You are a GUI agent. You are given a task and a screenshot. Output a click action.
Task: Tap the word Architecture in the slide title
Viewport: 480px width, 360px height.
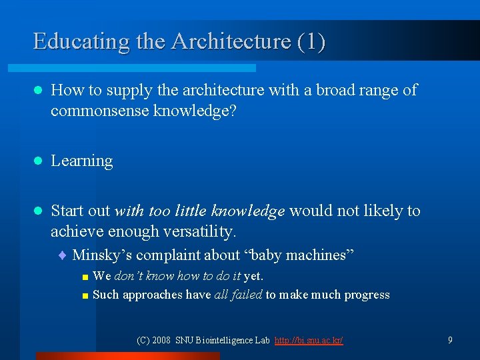231,41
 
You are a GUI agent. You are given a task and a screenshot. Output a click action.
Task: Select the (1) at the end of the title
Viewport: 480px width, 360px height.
311,41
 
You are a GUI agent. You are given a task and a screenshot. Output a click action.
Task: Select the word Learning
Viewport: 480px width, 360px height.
82,161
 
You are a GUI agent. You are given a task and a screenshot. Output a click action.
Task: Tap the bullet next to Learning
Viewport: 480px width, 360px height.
38,161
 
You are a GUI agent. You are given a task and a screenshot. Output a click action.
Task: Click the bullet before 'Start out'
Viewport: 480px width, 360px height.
38,211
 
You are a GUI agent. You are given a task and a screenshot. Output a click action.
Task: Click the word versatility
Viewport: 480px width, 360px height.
203,231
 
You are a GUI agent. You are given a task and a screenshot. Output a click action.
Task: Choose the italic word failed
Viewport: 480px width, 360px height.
247,295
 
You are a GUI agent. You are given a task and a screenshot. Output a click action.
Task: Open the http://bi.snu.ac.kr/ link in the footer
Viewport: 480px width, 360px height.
309,340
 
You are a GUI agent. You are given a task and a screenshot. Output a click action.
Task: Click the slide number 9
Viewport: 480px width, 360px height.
450,340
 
